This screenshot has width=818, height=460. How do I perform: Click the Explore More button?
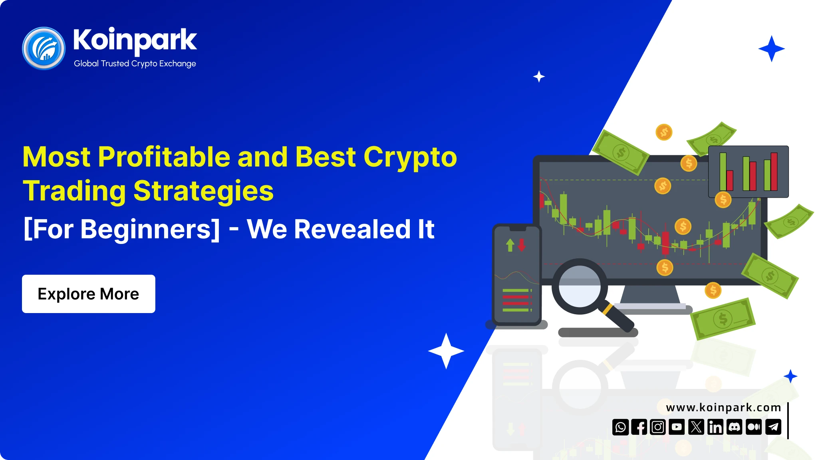(88, 294)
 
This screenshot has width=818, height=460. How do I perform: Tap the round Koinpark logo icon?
(44, 48)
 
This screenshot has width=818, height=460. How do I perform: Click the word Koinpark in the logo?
(135, 40)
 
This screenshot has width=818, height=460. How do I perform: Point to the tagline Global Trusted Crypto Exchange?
(135, 63)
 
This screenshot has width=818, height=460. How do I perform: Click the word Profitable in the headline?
(164, 157)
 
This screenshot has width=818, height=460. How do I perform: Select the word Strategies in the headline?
(203, 191)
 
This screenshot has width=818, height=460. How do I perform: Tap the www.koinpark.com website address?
(723, 408)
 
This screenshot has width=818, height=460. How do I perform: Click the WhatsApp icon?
(621, 427)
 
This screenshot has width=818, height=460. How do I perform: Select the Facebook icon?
(639, 427)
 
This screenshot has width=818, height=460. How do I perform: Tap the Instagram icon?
(658, 427)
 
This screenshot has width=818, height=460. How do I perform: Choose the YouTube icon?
(677, 427)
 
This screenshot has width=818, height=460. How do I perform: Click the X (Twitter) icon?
(696, 427)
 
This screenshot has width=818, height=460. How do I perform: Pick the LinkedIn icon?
(715, 427)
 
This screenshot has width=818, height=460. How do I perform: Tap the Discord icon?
(735, 427)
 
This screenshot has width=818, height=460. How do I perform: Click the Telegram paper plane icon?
(774, 427)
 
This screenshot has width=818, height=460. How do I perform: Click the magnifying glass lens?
(580, 286)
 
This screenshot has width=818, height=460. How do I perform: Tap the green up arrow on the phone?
(510, 245)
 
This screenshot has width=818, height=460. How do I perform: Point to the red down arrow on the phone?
(522, 245)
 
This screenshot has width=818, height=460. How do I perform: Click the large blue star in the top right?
(772, 49)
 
